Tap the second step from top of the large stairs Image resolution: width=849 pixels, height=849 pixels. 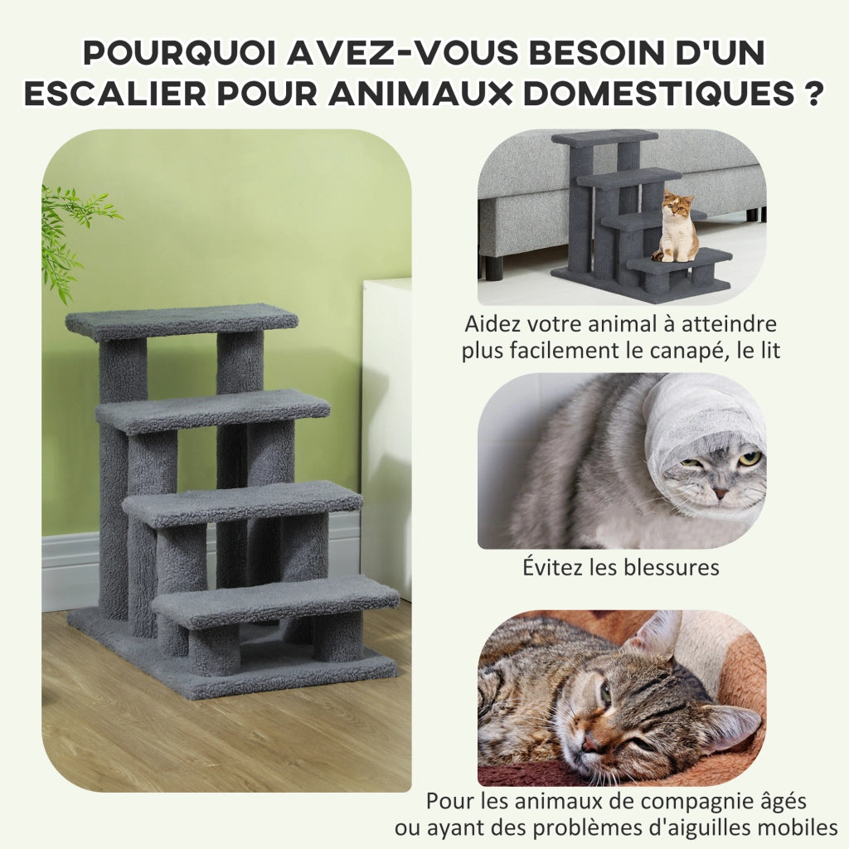213,410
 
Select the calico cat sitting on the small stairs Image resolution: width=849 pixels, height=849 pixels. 674,226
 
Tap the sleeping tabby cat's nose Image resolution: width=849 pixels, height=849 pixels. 589,743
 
